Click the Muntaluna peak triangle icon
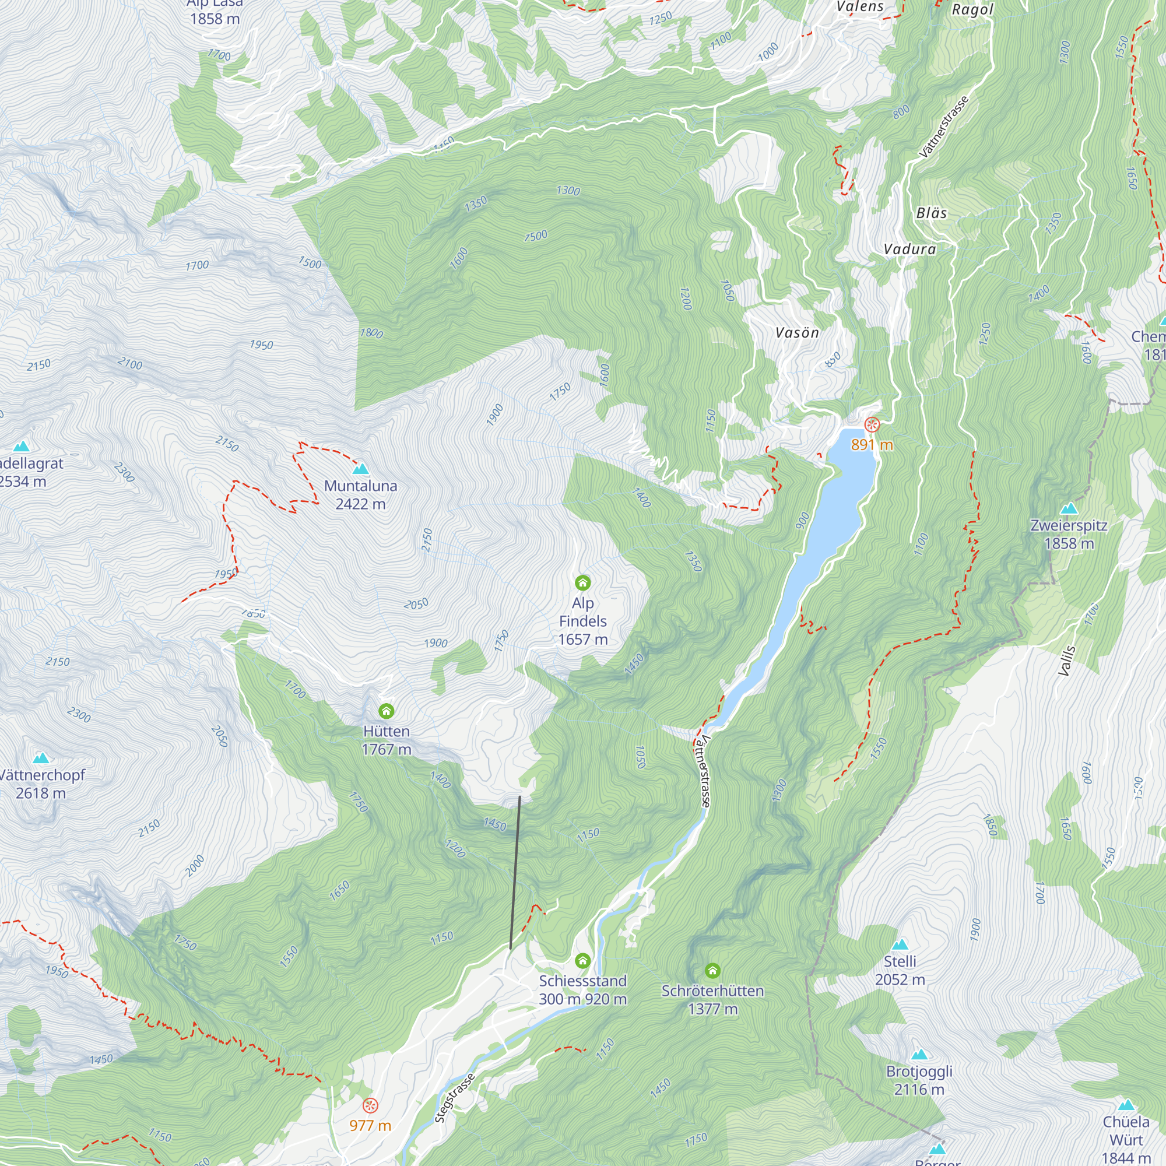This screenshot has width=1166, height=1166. click(x=360, y=469)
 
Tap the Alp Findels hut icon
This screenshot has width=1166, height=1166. click(x=582, y=582)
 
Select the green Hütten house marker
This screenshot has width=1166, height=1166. click(x=387, y=711)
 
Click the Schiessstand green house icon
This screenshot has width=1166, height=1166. click(x=582, y=960)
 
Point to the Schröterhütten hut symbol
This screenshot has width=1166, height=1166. click(x=713, y=971)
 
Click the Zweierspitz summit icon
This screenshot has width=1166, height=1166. click(x=1069, y=508)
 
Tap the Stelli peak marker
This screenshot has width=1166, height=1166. click(x=900, y=944)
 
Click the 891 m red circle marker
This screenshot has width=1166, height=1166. click(x=872, y=425)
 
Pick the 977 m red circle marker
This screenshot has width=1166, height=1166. click(x=370, y=1105)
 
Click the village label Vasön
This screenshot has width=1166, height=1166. click(x=796, y=332)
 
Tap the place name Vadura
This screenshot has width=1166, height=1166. click(x=909, y=250)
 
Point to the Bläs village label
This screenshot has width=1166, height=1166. click(x=931, y=213)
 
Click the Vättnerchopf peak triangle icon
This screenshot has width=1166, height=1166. click(x=40, y=758)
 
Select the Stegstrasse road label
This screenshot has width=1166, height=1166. click(x=455, y=1097)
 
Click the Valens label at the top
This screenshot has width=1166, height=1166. click(x=859, y=6)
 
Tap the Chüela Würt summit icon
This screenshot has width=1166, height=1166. click(x=1126, y=1105)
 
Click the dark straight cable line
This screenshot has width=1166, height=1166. click(x=515, y=873)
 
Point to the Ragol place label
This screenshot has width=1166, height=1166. click(x=972, y=10)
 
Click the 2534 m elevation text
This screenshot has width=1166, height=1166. click(x=23, y=482)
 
